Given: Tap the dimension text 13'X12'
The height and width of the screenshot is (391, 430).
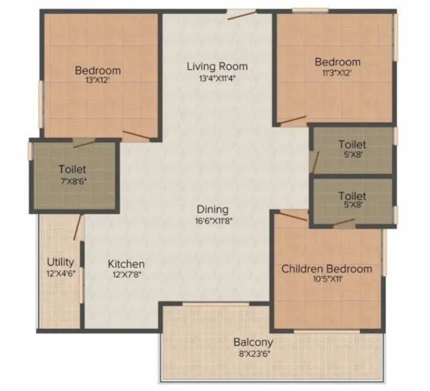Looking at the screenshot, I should click(97, 81).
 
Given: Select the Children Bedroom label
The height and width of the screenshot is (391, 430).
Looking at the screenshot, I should click(327, 269).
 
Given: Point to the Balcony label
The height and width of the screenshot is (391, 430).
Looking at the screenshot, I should click(253, 343).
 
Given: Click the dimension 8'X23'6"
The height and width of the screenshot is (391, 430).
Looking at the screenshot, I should click(253, 353).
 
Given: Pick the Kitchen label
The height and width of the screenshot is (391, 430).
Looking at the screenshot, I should click(126, 264).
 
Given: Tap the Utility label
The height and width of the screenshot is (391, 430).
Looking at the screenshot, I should click(60, 262).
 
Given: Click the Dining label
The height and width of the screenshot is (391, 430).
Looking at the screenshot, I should click(213, 210).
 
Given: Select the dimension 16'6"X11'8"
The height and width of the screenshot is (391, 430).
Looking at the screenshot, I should click(213, 220).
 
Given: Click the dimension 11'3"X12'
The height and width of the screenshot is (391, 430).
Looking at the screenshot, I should click(338, 72).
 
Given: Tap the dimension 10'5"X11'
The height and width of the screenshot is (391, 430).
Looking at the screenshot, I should click(327, 279).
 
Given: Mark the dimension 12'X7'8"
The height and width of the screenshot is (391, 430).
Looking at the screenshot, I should click(126, 275).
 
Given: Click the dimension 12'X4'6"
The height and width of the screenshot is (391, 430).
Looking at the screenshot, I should click(60, 273).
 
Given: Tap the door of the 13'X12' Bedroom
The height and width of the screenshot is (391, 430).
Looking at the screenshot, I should click(137, 135).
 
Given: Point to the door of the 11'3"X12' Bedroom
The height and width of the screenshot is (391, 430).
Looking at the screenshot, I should click(293, 121).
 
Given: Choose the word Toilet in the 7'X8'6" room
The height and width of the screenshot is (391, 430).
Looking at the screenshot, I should click(73, 169).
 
